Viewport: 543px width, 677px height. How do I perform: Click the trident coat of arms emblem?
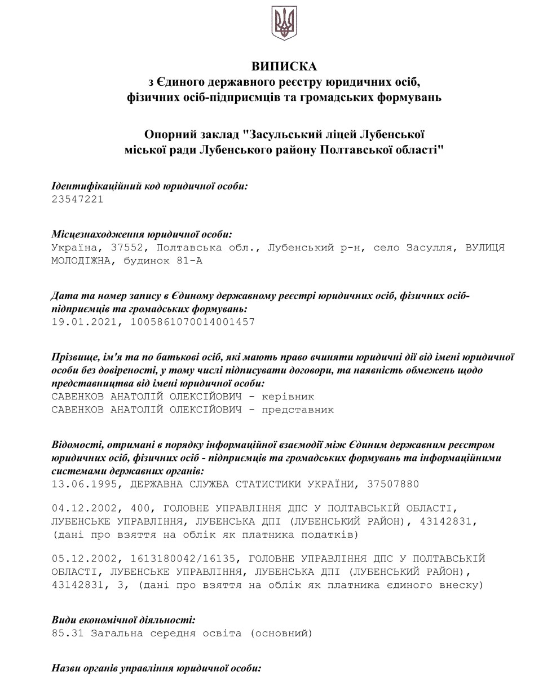(284, 23)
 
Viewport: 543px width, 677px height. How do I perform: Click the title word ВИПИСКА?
(284, 67)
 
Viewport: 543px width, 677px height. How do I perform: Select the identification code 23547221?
(77, 199)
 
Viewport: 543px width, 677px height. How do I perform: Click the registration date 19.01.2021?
(85, 322)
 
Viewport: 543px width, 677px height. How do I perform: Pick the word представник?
(297, 410)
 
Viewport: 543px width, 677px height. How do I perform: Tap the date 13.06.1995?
(85, 483)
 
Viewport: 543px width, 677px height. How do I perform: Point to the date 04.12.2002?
(85, 509)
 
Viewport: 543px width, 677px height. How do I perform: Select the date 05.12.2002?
(85, 559)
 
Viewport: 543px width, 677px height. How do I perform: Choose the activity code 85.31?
(67, 633)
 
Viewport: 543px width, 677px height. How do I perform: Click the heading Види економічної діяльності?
(123, 619)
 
